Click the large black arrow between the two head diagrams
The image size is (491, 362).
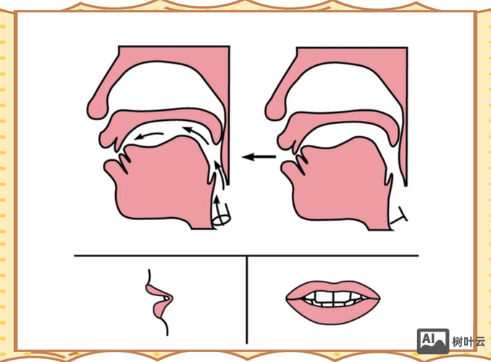pyautogui.click(x=259, y=156)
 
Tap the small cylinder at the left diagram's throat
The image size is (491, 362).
pyautogui.click(x=221, y=216)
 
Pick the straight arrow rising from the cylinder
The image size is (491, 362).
pyautogui.click(x=217, y=206)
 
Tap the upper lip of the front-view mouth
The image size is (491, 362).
pyautogui.click(x=332, y=287)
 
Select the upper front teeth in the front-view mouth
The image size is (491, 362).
pyautogui.click(x=333, y=297)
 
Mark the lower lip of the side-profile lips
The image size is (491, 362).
pyautogui.click(x=159, y=308)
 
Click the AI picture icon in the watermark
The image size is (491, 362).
pyautogui.click(x=433, y=341)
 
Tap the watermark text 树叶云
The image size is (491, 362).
pyautogui.click(x=469, y=342)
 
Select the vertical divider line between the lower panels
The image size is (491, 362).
pyautogui.click(x=247, y=300)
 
